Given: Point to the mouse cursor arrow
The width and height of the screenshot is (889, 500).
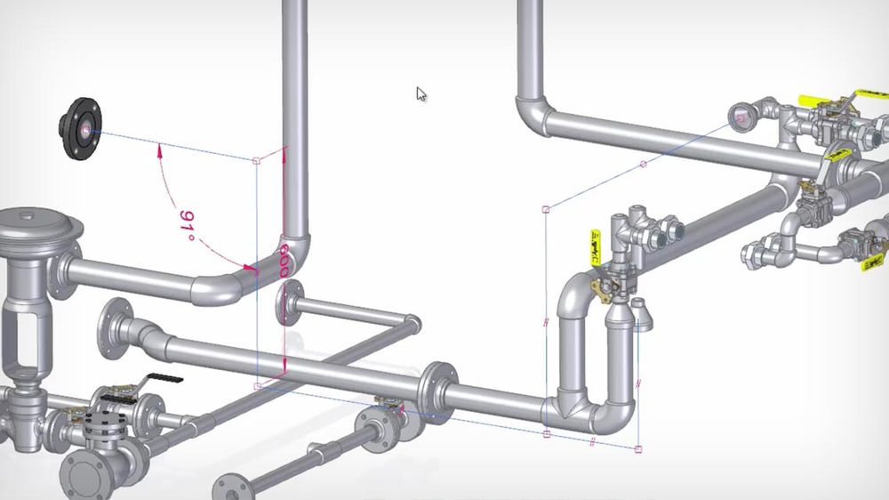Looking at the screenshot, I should (x=420, y=93).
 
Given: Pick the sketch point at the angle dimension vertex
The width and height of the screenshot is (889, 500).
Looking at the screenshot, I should (x=257, y=161).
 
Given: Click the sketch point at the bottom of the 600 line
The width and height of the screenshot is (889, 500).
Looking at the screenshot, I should (x=258, y=385).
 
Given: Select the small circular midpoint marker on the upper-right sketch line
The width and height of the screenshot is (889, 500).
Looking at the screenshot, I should (x=644, y=165).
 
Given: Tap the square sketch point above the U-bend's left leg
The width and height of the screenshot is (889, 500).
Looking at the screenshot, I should (x=546, y=210).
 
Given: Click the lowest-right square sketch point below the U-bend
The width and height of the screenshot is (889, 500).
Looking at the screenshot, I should (x=639, y=447).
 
